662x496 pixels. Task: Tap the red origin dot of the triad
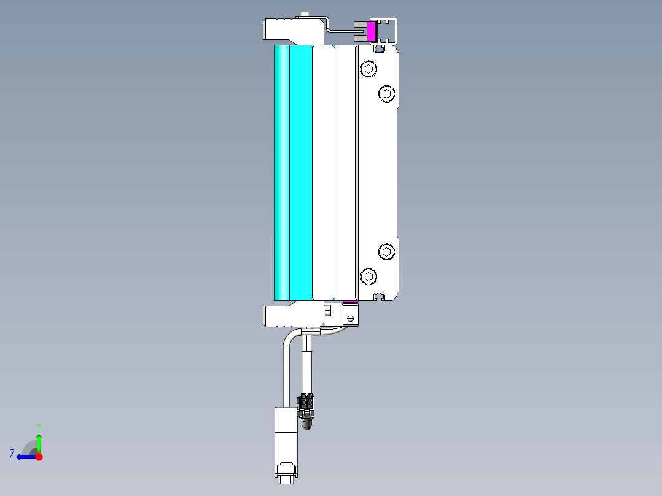point(39,457)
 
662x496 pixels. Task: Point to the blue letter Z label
point(12,453)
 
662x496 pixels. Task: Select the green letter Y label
point(39,426)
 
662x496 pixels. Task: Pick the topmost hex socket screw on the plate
point(368,69)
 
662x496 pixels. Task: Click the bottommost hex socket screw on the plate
point(368,276)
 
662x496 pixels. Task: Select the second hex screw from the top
point(386,93)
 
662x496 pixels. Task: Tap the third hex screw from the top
point(386,251)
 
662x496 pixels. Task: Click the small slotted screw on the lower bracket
point(350,318)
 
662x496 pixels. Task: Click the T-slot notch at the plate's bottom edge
point(380,296)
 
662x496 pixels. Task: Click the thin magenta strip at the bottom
point(349,301)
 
